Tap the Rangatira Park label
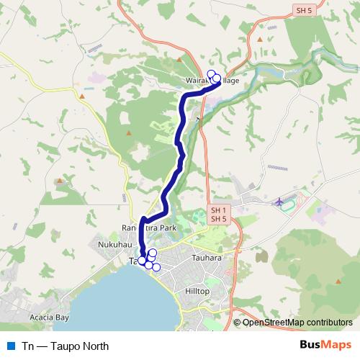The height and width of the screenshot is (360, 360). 148,228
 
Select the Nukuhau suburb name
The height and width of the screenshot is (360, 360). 112,246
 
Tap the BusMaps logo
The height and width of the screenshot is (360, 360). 325,346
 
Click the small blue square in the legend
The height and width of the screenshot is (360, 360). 9,346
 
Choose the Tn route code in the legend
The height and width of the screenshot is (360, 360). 28,346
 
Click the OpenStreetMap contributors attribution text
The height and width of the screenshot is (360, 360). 297,323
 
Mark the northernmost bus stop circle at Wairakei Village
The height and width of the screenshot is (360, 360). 211,73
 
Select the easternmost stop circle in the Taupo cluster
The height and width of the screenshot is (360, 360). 156,268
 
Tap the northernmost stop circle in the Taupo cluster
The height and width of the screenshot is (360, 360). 153,253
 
